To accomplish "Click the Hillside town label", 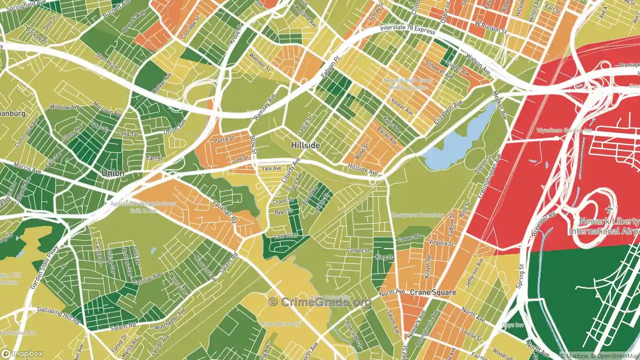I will [305, 145].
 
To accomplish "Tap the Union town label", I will [112, 173].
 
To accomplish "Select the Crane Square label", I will [433, 292].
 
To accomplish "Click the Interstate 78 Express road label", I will [407, 30].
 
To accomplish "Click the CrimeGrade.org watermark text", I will [320, 301].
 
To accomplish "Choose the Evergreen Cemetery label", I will [417, 215].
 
